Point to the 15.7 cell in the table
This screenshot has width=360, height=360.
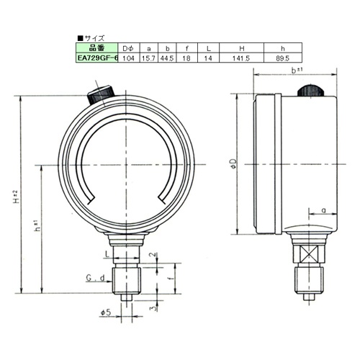point(148,56)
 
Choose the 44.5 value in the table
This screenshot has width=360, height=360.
point(167,56)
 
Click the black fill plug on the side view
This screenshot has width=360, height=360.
point(310,90)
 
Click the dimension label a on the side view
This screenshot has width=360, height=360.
point(325,210)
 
